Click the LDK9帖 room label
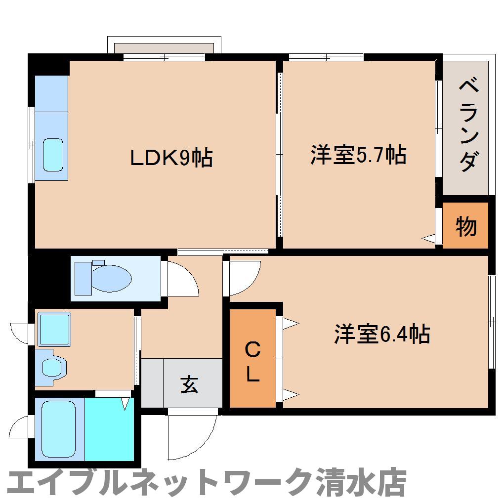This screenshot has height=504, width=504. [x=171, y=158]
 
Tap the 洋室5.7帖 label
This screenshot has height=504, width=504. [x=359, y=155]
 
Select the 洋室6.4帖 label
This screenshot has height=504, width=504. [x=382, y=334]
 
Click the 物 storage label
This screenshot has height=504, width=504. [x=465, y=226]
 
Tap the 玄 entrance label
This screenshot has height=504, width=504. [x=189, y=384]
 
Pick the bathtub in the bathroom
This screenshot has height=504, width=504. [x=58, y=428]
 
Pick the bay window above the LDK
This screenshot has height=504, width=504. [x=164, y=48]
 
